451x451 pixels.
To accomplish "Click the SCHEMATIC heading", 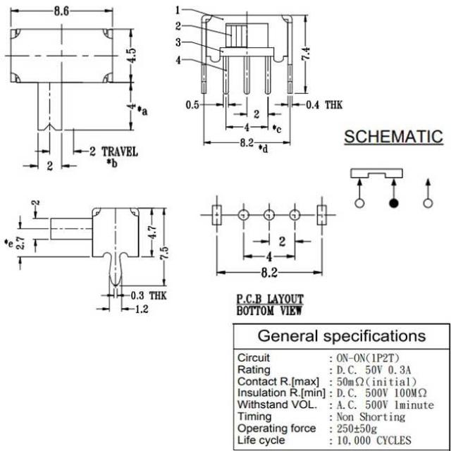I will point(393,137).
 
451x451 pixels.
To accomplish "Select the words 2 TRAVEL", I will point(113,152).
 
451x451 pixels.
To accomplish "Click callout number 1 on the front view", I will point(178,10).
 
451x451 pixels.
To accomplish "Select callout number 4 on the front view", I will point(178,60).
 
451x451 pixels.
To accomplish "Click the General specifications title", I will point(341,335).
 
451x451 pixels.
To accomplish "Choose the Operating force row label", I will point(275,428).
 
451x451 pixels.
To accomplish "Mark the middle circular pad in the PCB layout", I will point(268,214).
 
